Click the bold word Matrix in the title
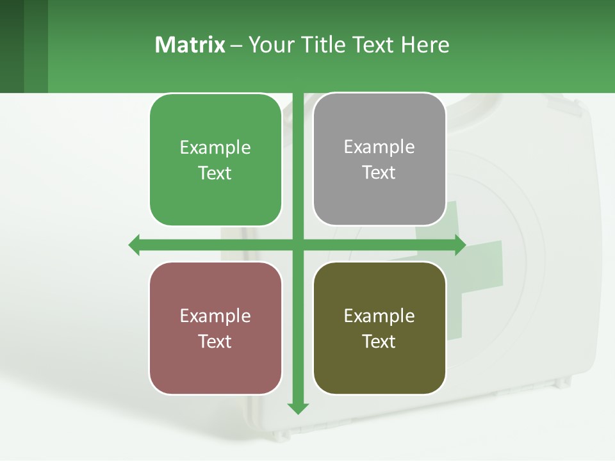tap(190, 45)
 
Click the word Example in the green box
tap(215, 148)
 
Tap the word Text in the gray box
tap(379, 173)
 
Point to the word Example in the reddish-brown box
tap(215, 316)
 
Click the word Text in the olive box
tap(379, 342)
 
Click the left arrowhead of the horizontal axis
tap(134, 245)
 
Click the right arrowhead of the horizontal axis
tap(460, 245)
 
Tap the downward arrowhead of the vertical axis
tap(298, 408)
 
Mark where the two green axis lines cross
tap(298, 245)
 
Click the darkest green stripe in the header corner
tap(12, 46)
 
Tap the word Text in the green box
tap(215, 174)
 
